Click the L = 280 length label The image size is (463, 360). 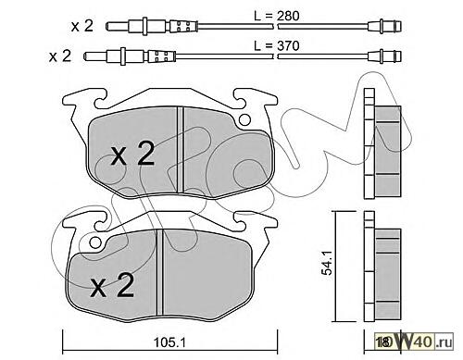[277, 16]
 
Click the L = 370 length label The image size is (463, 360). [277, 46]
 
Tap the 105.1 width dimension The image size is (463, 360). [169, 341]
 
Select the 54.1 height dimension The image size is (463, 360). [326, 262]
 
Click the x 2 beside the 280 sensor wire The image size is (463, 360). [82, 26]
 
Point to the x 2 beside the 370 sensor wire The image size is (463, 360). [60, 56]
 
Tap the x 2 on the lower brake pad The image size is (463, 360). [112, 286]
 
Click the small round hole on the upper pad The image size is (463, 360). [244, 119]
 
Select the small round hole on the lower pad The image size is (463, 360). [95, 242]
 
